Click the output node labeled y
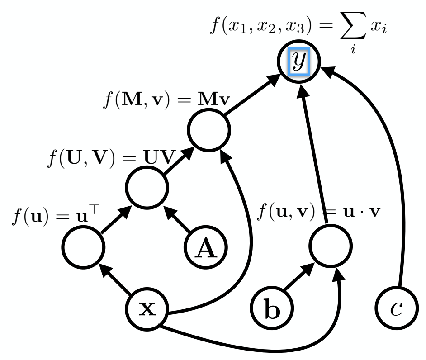pos(298,62)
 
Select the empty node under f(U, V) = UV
pos(147,187)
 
